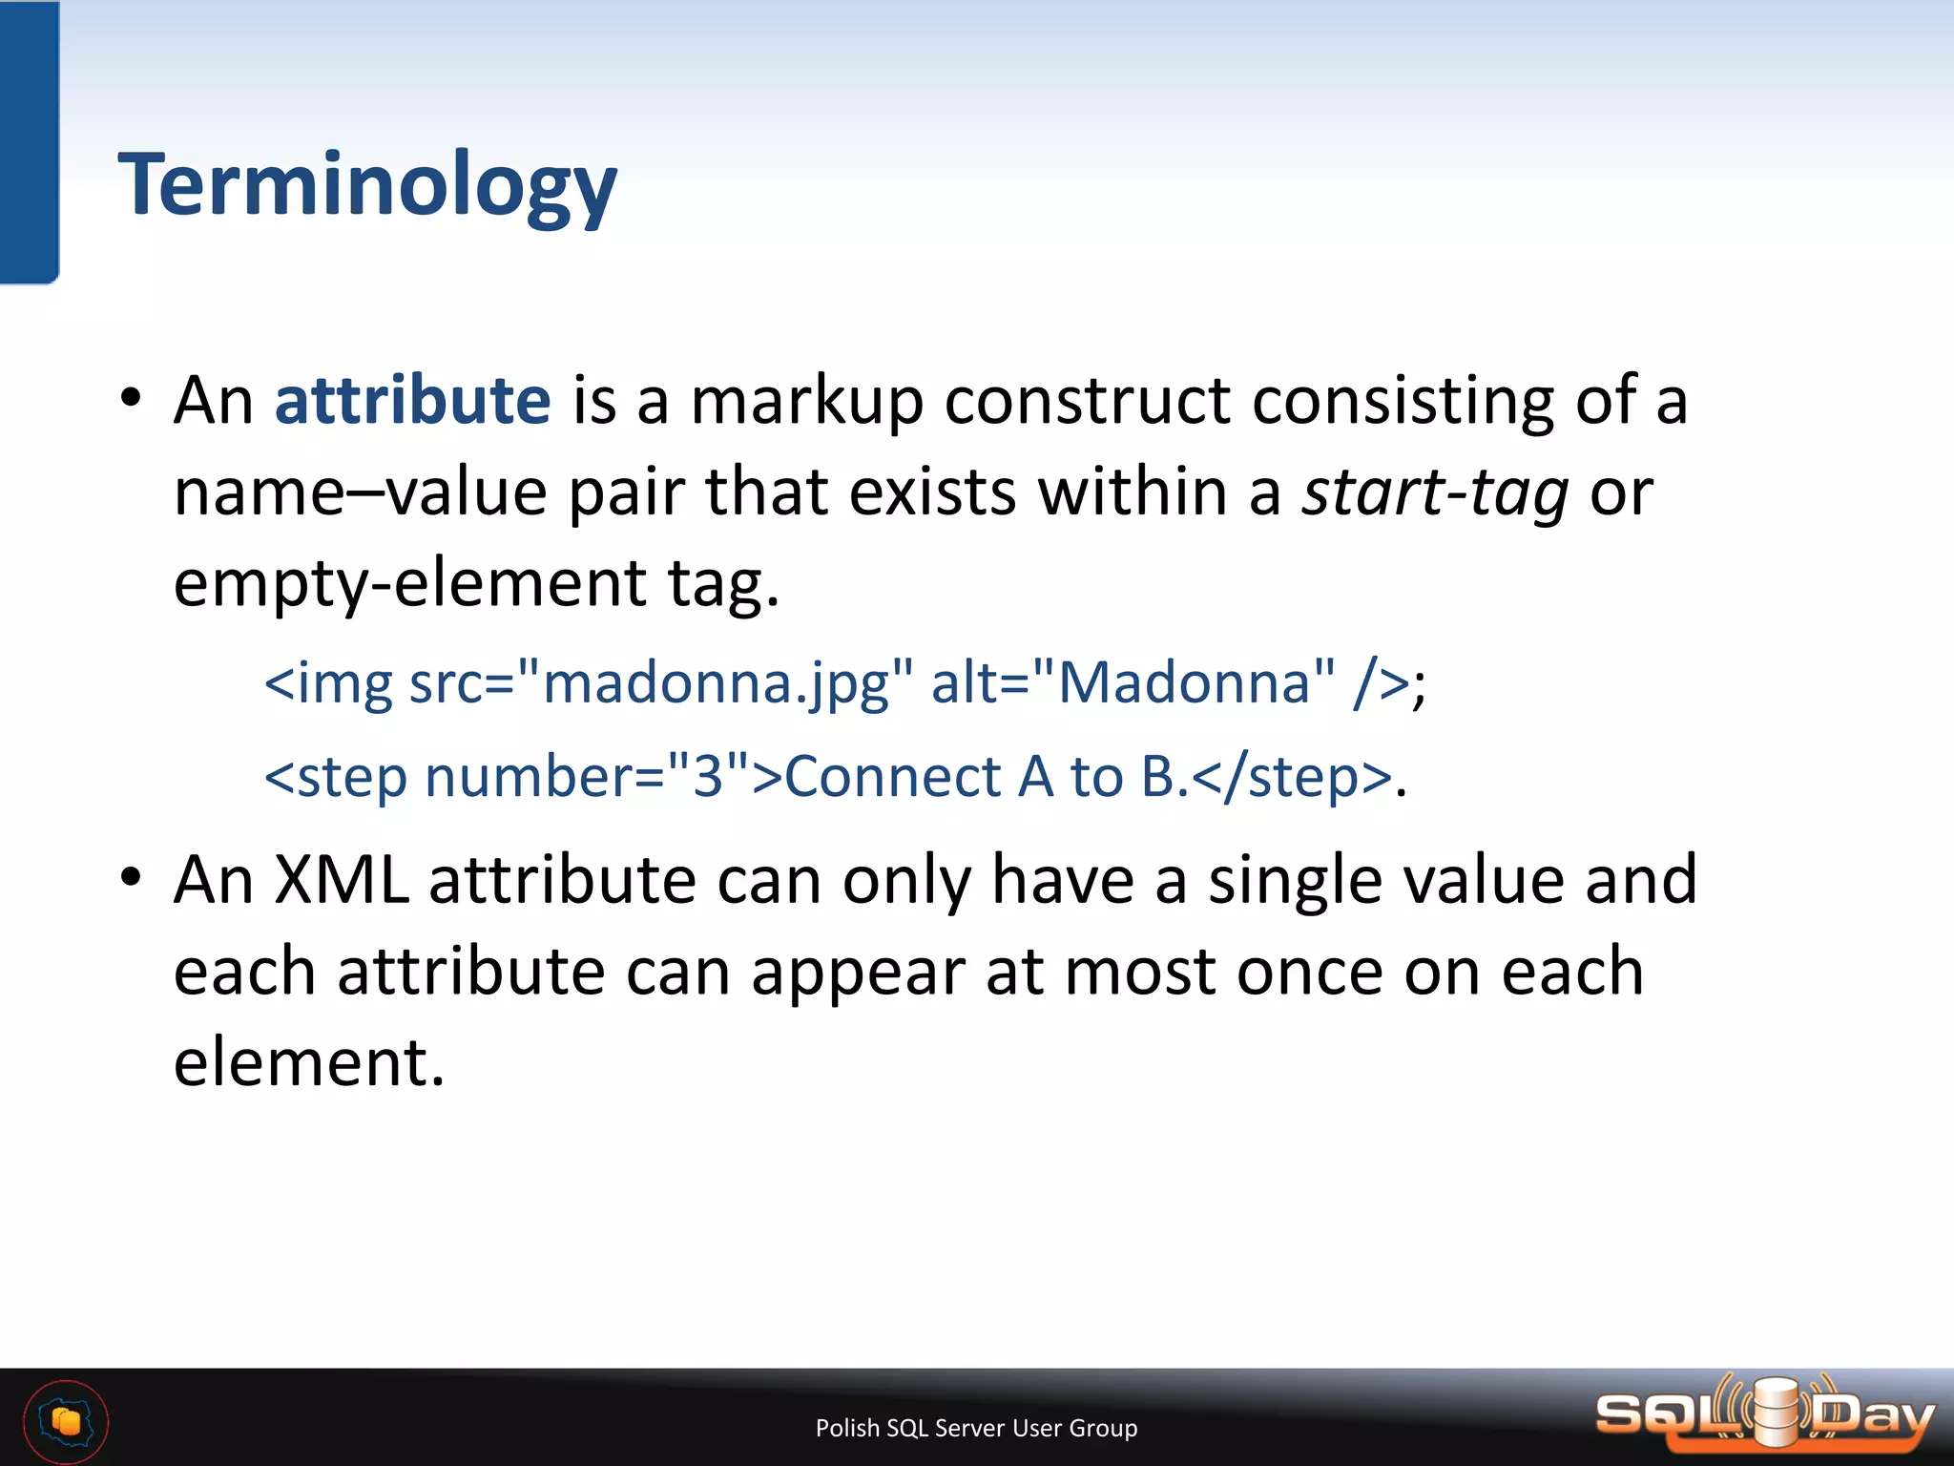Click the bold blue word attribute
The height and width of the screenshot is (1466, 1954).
pos(412,400)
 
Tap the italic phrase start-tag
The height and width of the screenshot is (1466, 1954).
pos(1435,493)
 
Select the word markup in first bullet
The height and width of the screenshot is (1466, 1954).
pos(806,402)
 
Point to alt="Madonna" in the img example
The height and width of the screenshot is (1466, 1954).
pos(1133,683)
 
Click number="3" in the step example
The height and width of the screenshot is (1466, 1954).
pos(587,776)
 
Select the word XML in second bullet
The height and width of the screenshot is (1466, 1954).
pos(341,879)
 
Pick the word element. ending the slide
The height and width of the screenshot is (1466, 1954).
pos(308,1062)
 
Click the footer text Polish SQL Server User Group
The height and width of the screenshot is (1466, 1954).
pos(976,1428)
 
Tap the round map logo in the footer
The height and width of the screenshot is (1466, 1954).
pos(66,1422)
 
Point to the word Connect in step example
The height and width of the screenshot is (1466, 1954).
pos(892,776)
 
